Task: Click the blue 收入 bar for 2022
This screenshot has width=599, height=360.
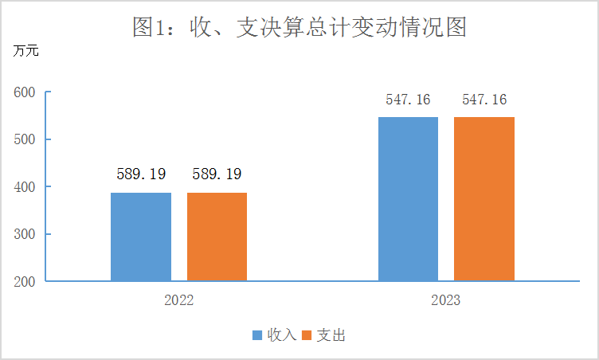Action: [x=141, y=237]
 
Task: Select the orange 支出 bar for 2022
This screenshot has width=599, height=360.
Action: [x=217, y=237]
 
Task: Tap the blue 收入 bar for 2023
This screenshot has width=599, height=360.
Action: [x=408, y=199]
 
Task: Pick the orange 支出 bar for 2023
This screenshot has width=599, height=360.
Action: [x=484, y=199]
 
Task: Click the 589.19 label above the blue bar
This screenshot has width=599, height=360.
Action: [x=140, y=174]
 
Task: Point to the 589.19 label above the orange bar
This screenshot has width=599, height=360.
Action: [x=217, y=174]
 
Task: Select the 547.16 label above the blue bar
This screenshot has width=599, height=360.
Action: [x=408, y=100]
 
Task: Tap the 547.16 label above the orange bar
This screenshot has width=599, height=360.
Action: [x=484, y=100]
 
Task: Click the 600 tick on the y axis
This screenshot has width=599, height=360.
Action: [x=26, y=92]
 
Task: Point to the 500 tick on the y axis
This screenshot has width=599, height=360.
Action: [x=26, y=139]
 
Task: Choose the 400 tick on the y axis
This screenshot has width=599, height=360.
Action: [x=26, y=186]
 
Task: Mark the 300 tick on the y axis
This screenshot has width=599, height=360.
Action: [x=26, y=234]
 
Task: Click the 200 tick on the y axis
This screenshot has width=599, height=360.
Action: [x=26, y=281]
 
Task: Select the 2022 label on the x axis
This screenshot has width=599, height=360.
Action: [x=179, y=302]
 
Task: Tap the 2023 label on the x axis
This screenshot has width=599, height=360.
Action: [x=446, y=302]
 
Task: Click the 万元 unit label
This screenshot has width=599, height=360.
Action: [x=25, y=52]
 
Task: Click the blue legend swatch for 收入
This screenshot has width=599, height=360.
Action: [x=257, y=335]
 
